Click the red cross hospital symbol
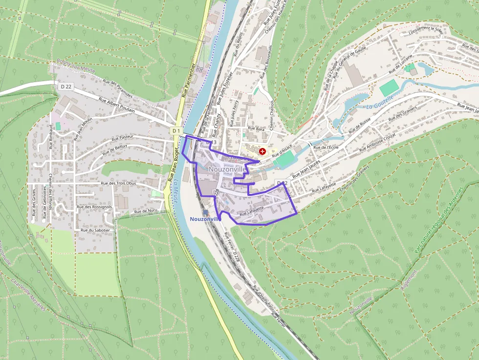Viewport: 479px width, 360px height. pyautogui.click(x=263, y=151)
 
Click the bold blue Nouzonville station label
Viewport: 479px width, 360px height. pyautogui.click(x=205, y=219)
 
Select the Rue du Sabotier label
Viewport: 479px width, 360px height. pyautogui.click(x=96, y=230)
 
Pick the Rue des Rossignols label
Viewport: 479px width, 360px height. pyautogui.click(x=94, y=207)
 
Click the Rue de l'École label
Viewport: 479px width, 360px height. pyautogui.click(x=326, y=147)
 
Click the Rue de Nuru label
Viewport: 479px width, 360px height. pyautogui.click(x=146, y=211)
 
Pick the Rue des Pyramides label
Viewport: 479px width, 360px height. pyautogui.click(x=118, y=89)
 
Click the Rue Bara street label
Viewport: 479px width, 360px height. pyautogui.click(x=256, y=129)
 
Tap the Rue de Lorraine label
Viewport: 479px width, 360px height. pyautogui.click(x=398, y=67)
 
